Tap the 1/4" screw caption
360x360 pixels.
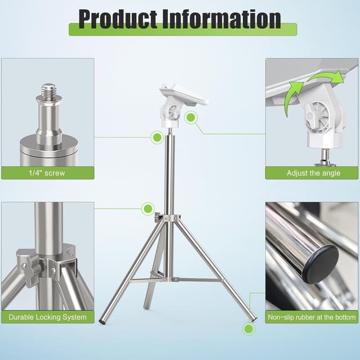point(48,173)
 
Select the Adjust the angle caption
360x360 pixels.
point(313,173)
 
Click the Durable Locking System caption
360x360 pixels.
point(48,317)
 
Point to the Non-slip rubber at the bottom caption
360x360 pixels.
point(312,317)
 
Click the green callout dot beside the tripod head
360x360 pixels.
point(191,118)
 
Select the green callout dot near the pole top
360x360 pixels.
point(157,136)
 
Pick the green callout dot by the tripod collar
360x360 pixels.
point(147,207)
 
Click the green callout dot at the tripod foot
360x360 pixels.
point(247,328)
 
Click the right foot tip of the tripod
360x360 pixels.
point(254,318)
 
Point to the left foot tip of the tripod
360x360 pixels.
point(102,322)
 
